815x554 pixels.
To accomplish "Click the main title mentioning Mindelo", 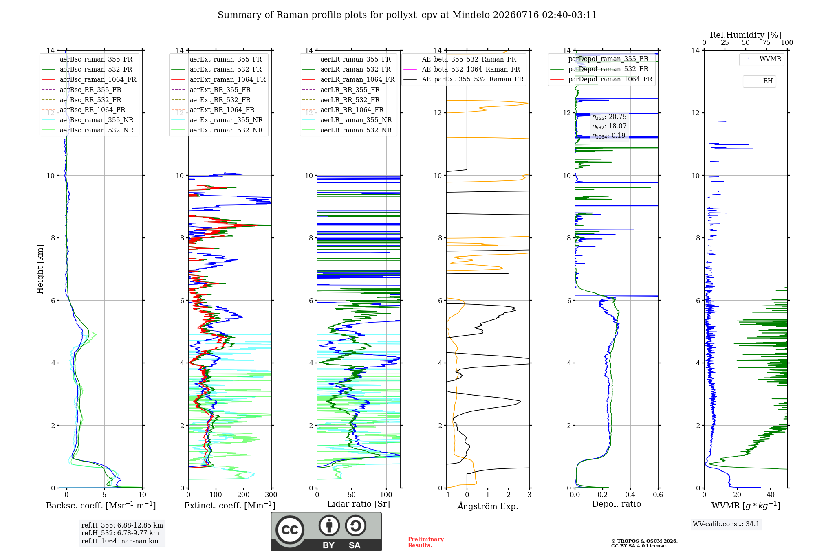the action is tap(407, 15).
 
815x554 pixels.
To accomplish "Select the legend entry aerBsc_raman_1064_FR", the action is tap(98, 79).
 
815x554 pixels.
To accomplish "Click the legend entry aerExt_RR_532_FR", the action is tap(220, 100).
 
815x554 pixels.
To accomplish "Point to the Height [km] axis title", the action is tap(40, 269).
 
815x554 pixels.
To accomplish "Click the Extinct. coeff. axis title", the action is tap(230, 506).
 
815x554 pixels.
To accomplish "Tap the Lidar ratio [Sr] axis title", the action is tap(359, 504).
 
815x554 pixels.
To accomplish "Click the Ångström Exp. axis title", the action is tap(488, 506).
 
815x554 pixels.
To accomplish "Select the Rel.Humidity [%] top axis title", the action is tap(746, 35).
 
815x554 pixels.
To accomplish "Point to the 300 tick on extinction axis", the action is tap(271, 495).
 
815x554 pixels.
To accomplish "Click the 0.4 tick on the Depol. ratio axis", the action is tap(630, 495).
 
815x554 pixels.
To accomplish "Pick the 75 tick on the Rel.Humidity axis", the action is tap(767, 43).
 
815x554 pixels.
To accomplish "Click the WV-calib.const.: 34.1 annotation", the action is tap(726, 524).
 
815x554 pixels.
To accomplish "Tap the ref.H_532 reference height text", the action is tap(120, 533).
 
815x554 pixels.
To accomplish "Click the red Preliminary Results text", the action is tap(426, 542).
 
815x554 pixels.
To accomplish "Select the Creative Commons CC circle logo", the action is tap(290, 530).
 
